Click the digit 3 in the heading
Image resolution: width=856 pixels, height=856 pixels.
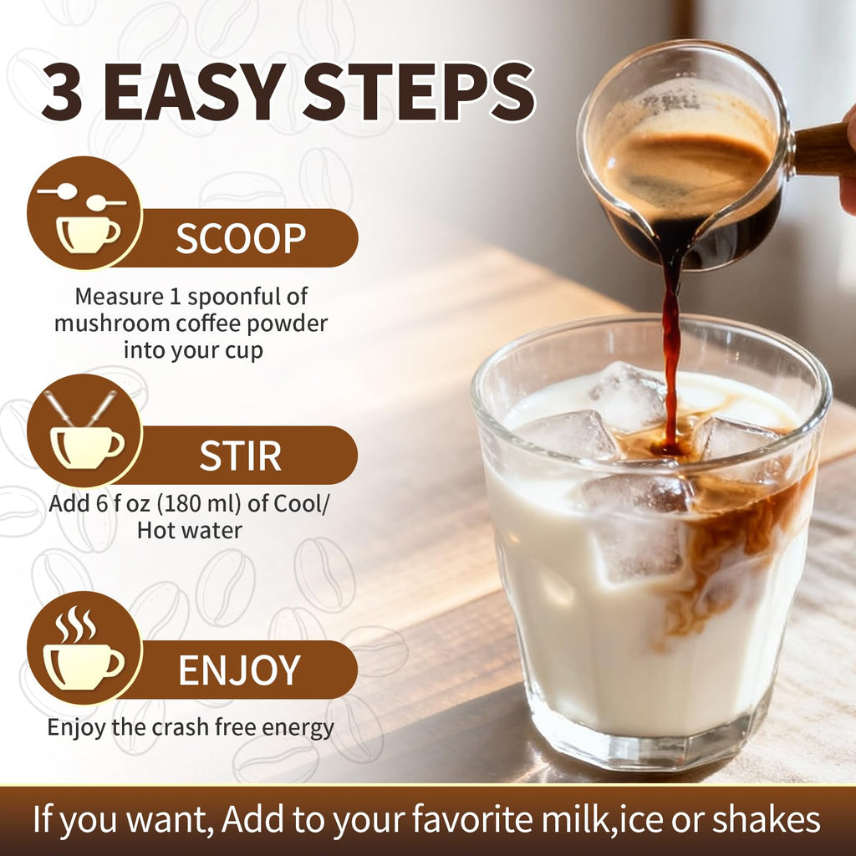coord(62,92)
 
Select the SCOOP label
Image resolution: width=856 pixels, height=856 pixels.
coord(241,238)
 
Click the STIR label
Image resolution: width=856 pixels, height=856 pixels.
coord(240,456)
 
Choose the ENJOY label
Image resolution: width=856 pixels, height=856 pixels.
coord(240,670)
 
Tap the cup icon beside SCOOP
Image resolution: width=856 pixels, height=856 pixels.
coord(87,235)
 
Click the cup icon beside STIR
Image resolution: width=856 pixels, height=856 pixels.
coord(87,446)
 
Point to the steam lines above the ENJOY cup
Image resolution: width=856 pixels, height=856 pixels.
coord(76,624)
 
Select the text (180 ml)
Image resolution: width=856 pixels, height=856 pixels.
coord(199,503)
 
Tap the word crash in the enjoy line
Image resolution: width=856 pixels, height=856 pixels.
coord(181,728)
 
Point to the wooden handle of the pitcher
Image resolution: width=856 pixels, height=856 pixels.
coord(823,149)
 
